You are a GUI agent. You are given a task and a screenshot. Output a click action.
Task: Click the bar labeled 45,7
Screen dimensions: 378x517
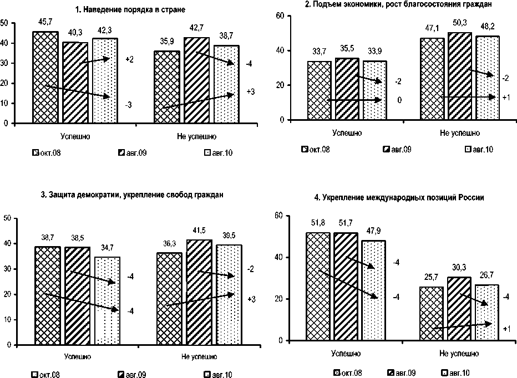click(x=45, y=77)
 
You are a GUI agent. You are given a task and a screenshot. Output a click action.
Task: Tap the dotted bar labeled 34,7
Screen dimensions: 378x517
click(x=107, y=300)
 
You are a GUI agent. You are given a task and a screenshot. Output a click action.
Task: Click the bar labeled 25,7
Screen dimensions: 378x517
click(x=431, y=313)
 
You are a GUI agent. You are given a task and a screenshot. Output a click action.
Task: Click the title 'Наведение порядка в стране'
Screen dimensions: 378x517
click(x=130, y=10)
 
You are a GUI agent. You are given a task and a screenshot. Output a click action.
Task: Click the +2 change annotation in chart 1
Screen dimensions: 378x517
click(x=130, y=59)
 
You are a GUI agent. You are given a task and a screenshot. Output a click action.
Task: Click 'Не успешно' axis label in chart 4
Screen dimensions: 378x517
click(x=459, y=353)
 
